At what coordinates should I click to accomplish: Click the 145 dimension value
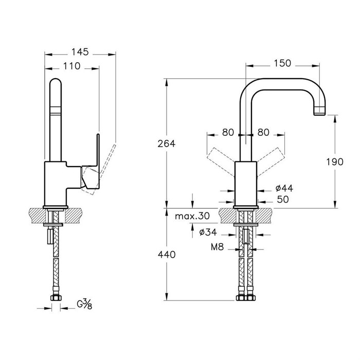(x=80, y=52)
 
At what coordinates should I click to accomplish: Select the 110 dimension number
(x=71, y=66)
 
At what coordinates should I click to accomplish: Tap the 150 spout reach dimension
(x=282, y=63)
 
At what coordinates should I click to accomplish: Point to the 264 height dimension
(x=167, y=143)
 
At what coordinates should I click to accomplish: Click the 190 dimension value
(x=335, y=162)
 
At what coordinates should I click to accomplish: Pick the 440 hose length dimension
(x=167, y=255)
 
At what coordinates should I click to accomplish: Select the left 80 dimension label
(x=228, y=133)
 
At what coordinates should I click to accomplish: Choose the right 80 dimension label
(x=263, y=133)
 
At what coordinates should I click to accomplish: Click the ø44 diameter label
(x=284, y=188)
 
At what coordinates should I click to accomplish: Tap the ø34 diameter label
(x=208, y=232)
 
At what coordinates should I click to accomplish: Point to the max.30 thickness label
(x=192, y=216)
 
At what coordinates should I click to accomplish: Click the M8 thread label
(x=217, y=247)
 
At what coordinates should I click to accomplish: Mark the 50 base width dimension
(x=283, y=200)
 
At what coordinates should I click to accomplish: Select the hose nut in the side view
(x=56, y=298)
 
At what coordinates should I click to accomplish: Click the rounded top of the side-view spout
(x=56, y=83)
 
